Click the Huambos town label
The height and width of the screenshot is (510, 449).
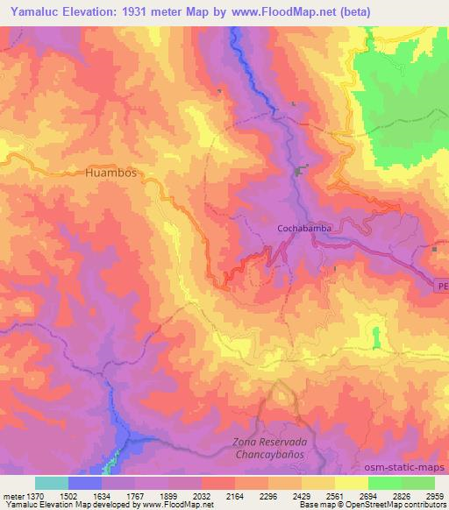pyautogui.click(x=112, y=174)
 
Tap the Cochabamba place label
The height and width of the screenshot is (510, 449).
pyautogui.click(x=303, y=229)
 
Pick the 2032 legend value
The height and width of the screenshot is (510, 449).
pyautogui.click(x=201, y=495)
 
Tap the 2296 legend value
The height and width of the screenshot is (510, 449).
pyautogui.click(x=267, y=495)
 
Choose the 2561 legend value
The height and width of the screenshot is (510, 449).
pyautogui.click(x=334, y=495)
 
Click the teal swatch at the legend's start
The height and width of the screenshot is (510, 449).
pyautogui.click(x=52, y=483)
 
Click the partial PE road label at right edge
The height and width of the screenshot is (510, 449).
pyautogui.click(x=442, y=286)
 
